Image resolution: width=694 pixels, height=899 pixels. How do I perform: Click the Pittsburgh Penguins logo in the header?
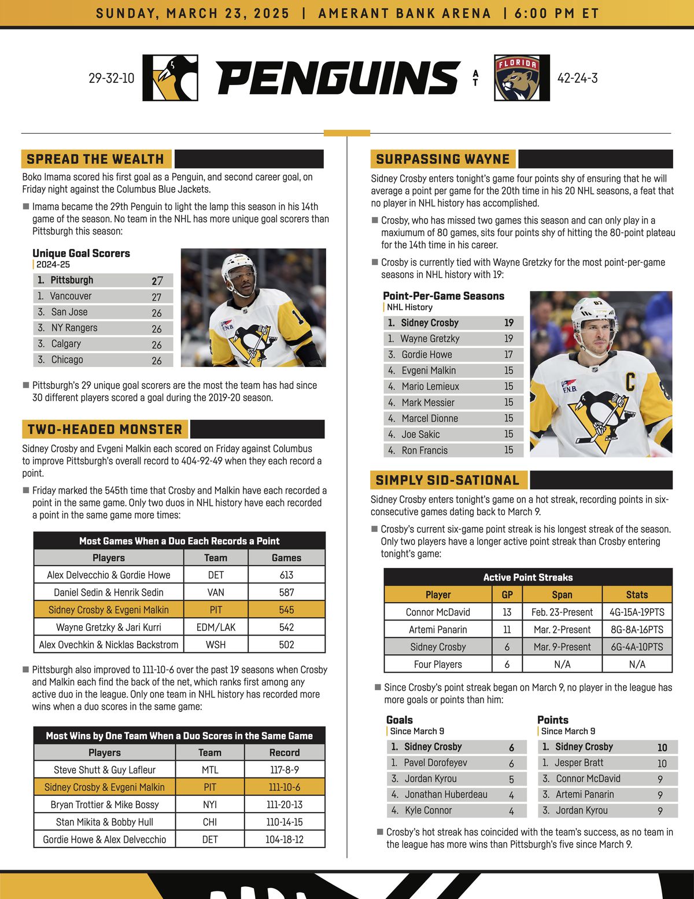(171, 78)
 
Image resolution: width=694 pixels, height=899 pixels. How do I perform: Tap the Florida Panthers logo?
(522, 78)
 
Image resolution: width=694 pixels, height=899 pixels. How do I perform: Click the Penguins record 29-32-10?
(112, 78)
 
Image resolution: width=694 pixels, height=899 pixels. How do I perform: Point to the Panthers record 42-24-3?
(577, 78)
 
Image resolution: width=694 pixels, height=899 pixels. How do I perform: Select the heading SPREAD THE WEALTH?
(95, 159)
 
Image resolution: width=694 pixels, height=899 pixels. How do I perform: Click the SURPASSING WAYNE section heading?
(443, 159)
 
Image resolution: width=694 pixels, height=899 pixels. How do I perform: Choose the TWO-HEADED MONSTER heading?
(105, 430)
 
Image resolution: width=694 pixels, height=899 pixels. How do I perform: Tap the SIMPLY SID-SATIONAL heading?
(448, 480)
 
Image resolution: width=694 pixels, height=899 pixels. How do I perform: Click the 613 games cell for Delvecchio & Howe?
(286, 575)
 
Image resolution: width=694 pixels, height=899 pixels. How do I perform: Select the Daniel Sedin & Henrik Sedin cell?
(109, 592)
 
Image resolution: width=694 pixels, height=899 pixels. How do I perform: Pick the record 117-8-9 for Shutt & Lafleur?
(284, 770)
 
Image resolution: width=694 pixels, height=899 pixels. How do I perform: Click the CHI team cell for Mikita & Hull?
(210, 822)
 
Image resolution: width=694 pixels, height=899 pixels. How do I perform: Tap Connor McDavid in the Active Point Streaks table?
(438, 612)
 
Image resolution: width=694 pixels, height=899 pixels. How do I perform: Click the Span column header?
(562, 595)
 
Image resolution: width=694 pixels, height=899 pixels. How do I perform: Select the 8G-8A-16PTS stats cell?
(637, 629)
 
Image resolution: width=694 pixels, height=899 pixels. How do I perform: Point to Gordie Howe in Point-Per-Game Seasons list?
(427, 355)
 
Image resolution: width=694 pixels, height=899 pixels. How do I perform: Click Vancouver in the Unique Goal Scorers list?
(71, 296)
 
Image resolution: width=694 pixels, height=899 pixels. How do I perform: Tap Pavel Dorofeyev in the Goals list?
(435, 763)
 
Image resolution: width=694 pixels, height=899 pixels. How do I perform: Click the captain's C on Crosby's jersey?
(630, 382)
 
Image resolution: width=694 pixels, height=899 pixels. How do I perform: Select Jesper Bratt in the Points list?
(579, 763)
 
